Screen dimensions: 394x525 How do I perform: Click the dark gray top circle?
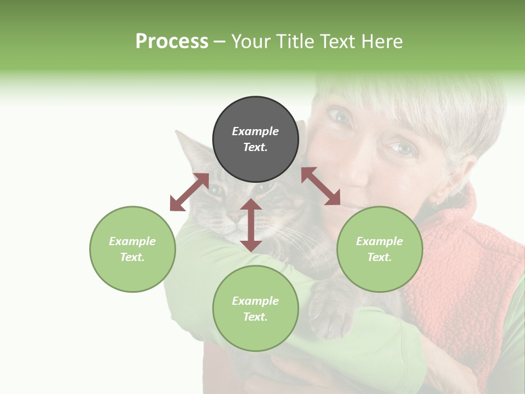(255, 140)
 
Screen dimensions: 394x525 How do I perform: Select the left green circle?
(132, 249)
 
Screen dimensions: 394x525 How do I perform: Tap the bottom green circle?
(255, 309)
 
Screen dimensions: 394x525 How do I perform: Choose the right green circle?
(380, 249)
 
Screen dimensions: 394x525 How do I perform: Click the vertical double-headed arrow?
(251, 225)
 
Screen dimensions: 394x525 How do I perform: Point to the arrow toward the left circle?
(189, 192)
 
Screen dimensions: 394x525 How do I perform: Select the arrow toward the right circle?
(321, 186)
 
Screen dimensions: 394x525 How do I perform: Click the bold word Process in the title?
(172, 42)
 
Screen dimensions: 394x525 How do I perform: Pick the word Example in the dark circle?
(255, 131)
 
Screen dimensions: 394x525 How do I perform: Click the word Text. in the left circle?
(132, 257)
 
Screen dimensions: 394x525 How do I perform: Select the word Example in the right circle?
(380, 241)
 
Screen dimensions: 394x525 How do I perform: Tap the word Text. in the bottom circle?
(255, 317)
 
